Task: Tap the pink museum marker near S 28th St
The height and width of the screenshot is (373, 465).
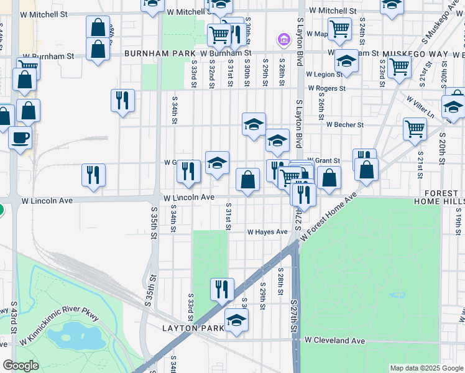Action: (x=284, y=40)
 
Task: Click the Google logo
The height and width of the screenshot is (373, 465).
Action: (x=21, y=366)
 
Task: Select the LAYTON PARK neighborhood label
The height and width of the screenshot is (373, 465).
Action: (x=193, y=328)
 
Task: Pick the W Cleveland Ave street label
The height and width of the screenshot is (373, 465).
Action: (x=334, y=341)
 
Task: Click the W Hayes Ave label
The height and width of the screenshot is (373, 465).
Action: (x=267, y=232)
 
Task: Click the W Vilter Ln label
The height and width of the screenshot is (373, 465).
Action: (x=420, y=107)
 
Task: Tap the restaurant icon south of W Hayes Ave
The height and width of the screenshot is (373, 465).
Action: (x=222, y=288)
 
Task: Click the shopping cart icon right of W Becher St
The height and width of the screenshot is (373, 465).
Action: (x=415, y=129)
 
